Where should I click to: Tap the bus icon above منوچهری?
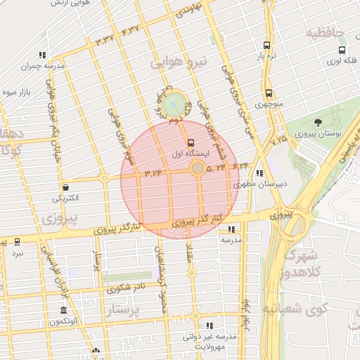click(269, 93)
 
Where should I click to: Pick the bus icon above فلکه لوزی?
click(342, 50)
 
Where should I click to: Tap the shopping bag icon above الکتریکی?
click(65, 187)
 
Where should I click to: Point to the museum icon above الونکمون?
click(63, 311)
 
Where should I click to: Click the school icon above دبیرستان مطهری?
click(260, 173)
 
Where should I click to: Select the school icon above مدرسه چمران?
click(42, 55)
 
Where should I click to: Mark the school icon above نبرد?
click(17, 241)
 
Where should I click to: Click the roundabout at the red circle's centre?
click(198, 168)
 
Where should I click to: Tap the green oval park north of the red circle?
click(174, 105)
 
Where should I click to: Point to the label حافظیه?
click(324, 32)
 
